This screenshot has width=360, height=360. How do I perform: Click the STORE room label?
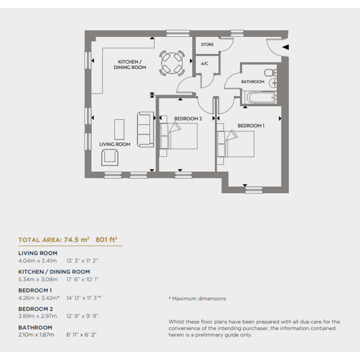tap(207, 45)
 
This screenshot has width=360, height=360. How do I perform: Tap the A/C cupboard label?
tap(205, 64)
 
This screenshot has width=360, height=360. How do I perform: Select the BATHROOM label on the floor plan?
tap(253, 82)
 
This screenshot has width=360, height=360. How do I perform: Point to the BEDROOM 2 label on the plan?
tap(188, 119)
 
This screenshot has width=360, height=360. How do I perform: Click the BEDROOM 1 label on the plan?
tap(251, 126)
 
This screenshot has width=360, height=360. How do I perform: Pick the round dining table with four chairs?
tap(172, 63)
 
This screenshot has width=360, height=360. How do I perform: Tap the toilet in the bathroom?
tap(270, 73)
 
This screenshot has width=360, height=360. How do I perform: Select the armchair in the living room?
tap(110, 157)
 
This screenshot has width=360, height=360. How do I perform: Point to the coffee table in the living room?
tap(119, 130)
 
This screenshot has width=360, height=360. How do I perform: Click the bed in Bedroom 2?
tap(179, 136)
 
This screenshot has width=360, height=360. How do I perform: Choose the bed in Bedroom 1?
tap(235, 144)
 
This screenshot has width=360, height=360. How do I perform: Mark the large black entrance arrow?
tap(285, 47)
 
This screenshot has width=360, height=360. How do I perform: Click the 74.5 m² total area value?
tap(77, 240)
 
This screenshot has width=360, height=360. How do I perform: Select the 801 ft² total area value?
tap(106, 240)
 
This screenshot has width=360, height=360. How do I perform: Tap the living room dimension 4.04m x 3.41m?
tap(37, 261)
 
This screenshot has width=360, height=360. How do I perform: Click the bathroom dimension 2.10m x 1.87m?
tap(36, 335)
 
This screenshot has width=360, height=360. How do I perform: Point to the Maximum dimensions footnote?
tap(197, 299)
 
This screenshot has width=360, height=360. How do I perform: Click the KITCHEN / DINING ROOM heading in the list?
tap(54, 272)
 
